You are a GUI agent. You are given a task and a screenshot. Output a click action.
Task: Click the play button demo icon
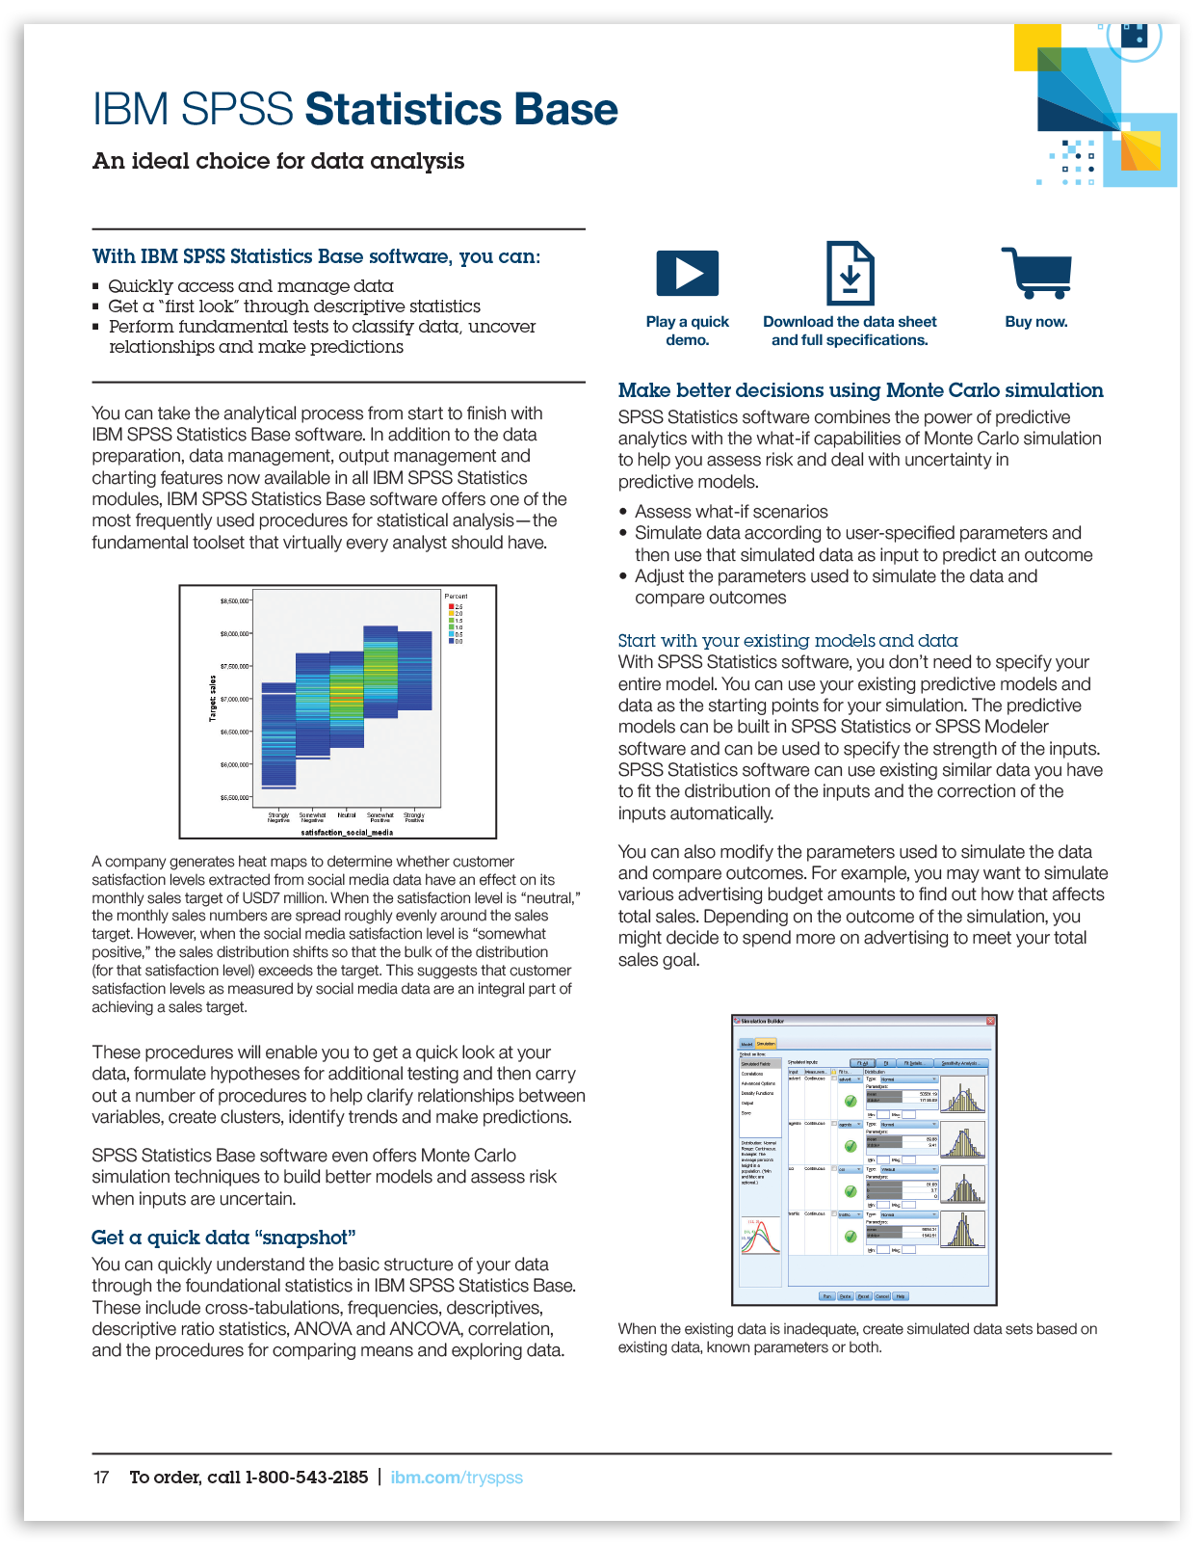click(x=687, y=273)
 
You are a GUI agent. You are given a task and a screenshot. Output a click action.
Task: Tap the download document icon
click(x=850, y=274)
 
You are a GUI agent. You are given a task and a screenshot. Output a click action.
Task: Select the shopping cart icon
click(x=1037, y=273)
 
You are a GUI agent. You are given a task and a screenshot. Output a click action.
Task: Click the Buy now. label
click(x=1036, y=322)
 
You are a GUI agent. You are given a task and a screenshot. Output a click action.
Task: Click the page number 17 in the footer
click(x=101, y=1478)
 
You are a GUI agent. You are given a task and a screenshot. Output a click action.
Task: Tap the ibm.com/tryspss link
click(x=457, y=1478)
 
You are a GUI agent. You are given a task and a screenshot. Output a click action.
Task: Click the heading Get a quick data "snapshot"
click(x=223, y=1238)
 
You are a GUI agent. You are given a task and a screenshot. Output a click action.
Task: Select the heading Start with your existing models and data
click(x=788, y=641)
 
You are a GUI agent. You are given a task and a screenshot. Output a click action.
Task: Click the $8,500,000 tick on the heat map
click(x=235, y=601)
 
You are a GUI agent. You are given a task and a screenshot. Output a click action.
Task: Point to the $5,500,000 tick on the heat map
click(x=235, y=798)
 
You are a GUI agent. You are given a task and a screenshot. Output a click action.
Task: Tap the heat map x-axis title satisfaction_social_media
click(x=347, y=832)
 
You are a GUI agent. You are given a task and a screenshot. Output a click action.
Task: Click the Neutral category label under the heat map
click(x=347, y=815)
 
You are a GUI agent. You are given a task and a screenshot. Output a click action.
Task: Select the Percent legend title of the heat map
click(x=457, y=597)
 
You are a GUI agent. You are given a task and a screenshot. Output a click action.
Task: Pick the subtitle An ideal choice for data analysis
click(x=278, y=161)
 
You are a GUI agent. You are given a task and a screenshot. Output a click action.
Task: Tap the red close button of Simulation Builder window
click(x=990, y=1021)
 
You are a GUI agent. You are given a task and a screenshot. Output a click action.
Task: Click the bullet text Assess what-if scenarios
click(x=731, y=512)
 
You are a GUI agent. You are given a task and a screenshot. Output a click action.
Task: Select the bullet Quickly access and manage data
click(x=250, y=286)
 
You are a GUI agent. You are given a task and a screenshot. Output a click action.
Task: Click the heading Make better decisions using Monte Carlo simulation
click(x=860, y=390)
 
